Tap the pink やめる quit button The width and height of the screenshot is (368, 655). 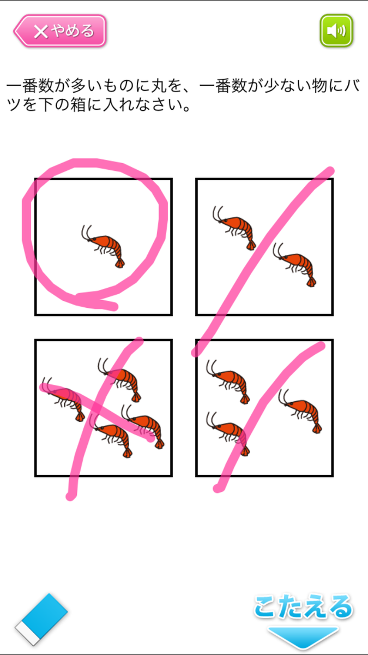click(x=60, y=31)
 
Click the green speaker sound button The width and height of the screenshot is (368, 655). click(x=336, y=31)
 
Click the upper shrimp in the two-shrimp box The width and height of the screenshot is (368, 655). click(x=234, y=228)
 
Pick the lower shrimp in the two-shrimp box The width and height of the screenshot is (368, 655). click(x=295, y=265)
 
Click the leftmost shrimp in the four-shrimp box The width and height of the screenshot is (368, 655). click(x=63, y=400)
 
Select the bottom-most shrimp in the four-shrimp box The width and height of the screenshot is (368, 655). click(x=111, y=436)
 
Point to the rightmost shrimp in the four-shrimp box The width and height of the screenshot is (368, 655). click(x=143, y=427)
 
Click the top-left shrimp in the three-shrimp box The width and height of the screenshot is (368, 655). click(x=228, y=382)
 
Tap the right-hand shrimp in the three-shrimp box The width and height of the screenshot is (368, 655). click(x=300, y=412)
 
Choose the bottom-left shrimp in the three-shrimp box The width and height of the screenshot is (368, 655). click(x=228, y=434)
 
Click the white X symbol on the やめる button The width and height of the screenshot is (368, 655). click(x=41, y=32)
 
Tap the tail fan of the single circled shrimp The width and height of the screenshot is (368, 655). click(x=120, y=264)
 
